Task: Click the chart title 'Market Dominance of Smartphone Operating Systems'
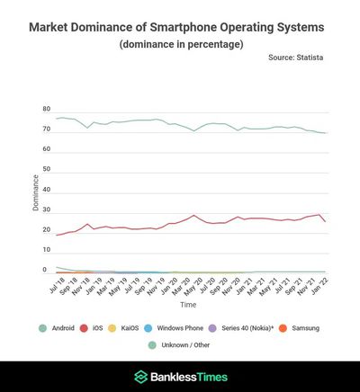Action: pos(180,27)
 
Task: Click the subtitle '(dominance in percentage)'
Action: pos(180,44)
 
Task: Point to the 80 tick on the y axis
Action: pos(46,109)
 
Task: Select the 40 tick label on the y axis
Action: pos(46,190)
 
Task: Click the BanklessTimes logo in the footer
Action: pos(180,377)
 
